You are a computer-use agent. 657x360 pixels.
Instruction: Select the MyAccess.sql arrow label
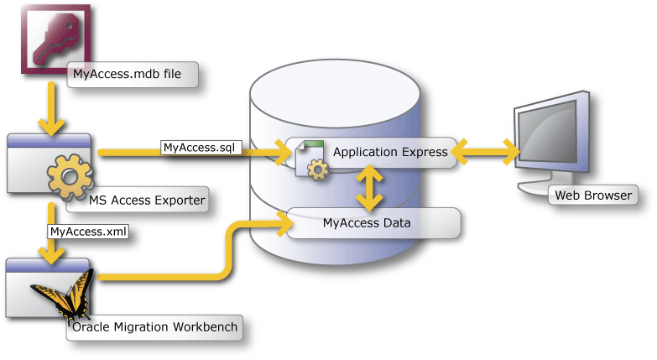tap(202, 148)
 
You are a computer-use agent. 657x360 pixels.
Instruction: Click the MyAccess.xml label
tap(88, 231)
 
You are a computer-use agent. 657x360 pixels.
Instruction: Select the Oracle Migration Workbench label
tap(156, 326)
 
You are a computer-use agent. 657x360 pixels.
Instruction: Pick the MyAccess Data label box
tap(374, 223)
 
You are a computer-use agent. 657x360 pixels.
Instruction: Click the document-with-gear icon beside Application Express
tap(310, 160)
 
